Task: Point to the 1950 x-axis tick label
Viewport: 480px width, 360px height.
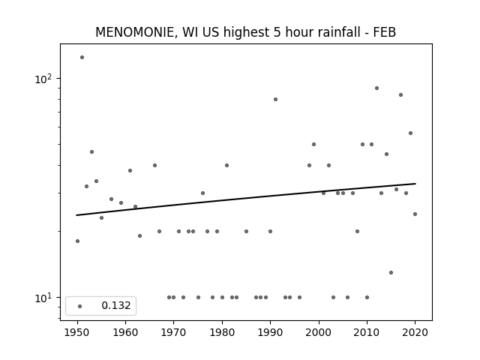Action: click(77, 332)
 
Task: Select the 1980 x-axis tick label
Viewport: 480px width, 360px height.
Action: click(222, 332)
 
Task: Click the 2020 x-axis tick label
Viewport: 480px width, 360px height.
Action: click(415, 332)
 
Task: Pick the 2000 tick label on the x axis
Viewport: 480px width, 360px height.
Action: click(319, 332)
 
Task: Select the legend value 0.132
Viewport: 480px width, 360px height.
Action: click(116, 305)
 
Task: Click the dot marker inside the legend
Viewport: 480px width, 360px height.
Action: click(79, 306)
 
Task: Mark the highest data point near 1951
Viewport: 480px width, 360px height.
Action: click(82, 57)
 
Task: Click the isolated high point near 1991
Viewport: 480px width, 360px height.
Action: click(275, 99)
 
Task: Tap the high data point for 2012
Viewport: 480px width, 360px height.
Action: click(376, 88)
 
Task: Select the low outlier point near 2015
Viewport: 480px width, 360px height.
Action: click(391, 272)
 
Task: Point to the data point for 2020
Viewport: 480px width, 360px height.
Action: click(415, 214)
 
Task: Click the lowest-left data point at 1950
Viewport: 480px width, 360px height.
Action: click(77, 241)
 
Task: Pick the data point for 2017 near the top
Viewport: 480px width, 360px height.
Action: click(400, 95)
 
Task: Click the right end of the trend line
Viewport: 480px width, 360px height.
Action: click(415, 184)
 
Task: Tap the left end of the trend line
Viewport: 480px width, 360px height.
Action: click(76, 215)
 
